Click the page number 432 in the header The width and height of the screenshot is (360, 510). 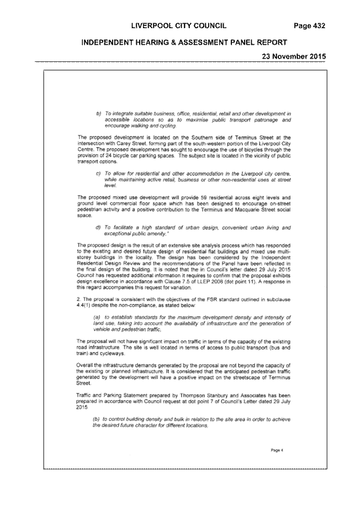(319, 26)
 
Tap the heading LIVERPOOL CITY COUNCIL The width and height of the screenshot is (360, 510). (179, 26)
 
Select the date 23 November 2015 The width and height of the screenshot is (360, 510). (294, 56)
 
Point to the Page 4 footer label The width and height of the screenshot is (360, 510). (277, 450)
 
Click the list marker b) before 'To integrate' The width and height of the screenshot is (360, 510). (99, 114)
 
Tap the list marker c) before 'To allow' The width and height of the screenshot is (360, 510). (98, 173)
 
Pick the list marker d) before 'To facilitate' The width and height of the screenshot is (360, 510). (98, 228)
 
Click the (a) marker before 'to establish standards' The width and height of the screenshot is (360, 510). (96, 317)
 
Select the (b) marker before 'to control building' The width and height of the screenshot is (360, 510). (96, 419)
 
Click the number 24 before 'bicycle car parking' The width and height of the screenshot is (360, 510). (103, 156)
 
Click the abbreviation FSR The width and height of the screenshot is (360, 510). (211, 299)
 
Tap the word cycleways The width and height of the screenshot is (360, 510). (113, 354)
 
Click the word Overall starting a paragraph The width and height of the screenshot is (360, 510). (84, 366)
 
